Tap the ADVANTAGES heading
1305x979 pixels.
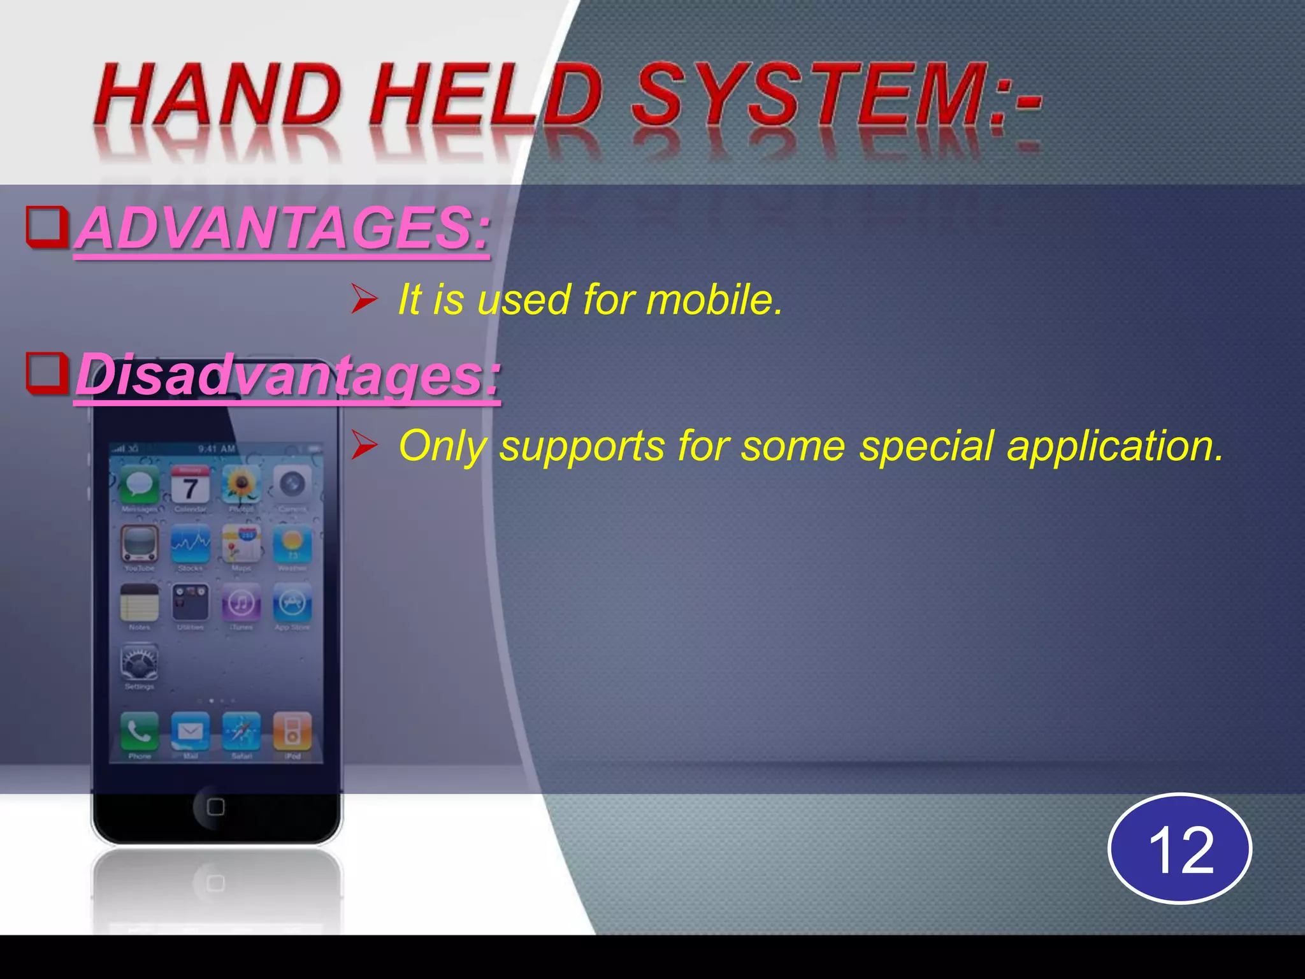pos(284,228)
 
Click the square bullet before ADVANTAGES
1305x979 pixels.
pos(47,227)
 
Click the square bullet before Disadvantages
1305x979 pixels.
pos(47,373)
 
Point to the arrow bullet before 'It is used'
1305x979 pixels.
pos(365,299)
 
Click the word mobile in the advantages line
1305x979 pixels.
pos(714,299)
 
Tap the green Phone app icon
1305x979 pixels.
pos(140,731)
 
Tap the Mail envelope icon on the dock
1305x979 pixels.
pos(190,731)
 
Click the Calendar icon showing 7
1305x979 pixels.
pos(190,485)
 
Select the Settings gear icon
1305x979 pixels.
pos(140,663)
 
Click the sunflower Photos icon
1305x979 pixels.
pos(241,485)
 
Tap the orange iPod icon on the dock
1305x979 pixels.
pos(292,731)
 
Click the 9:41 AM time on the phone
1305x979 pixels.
pos(217,449)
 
